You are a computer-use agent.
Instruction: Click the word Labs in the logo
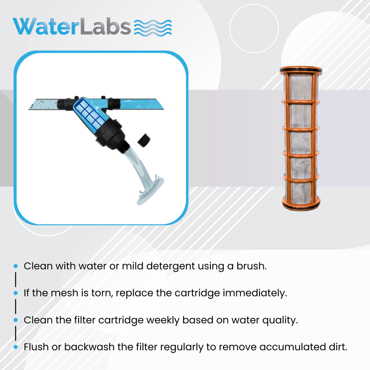click(x=105, y=26)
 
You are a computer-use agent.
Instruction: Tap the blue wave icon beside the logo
click(x=153, y=28)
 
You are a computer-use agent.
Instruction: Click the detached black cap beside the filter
click(x=144, y=141)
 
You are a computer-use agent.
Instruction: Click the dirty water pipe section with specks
click(x=43, y=105)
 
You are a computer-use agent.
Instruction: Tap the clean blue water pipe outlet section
click(x=142, y=104)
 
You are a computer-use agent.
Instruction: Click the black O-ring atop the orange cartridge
click(x=301, y=70)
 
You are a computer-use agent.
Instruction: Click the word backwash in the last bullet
click(x=89, y=347)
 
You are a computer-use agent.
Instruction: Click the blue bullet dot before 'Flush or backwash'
click(x=16, y=347)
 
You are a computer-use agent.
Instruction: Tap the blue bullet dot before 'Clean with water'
click(x=16, y=266)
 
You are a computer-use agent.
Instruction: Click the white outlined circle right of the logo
click(x=254, y=29)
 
